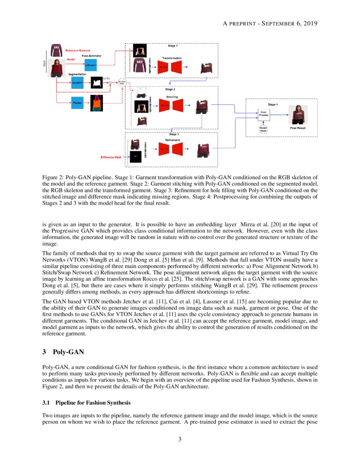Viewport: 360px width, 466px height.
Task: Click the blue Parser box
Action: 77,103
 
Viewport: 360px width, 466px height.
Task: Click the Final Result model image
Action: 298,115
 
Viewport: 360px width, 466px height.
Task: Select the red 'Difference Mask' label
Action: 111,157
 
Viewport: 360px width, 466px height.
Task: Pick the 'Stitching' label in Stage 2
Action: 172,97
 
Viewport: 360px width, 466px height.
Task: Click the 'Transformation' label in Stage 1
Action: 172,58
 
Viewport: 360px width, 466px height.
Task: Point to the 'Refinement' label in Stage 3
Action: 172,140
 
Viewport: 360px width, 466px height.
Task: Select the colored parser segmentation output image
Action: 97,103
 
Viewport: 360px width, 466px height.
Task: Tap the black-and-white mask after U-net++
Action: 97,82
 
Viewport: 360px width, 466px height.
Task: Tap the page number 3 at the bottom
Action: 180,439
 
